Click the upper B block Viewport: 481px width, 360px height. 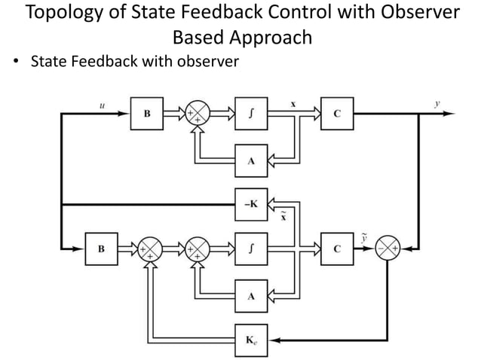tap(147, 114)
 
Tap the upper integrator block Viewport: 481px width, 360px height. tap(250, 114)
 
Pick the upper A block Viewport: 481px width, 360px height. tap(250, 160)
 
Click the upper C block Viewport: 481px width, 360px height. tap(336, 114)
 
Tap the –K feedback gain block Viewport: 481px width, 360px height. tap(250, 203)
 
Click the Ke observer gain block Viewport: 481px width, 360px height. tap(250, 339)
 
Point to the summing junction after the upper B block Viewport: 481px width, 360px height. tap(198, 114)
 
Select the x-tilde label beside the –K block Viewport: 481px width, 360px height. tap(282, 215)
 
